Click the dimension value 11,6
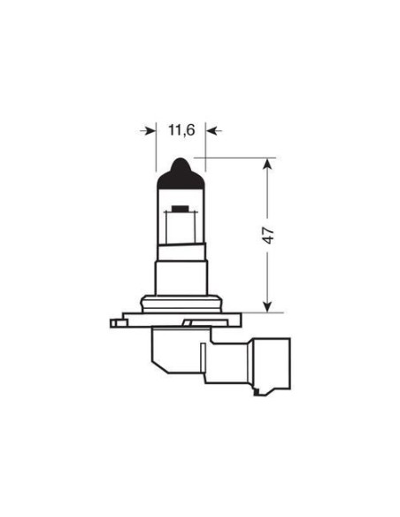pyautogui.click(x=181, y=130)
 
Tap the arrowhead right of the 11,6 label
pyautogui.click(x=212, y=130)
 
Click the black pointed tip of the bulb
pyautogui.click(x=181, y=169)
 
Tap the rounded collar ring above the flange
pyautogui.click(x=181, y=302)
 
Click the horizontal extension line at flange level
pyautogui.click(x=257, y=313)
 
